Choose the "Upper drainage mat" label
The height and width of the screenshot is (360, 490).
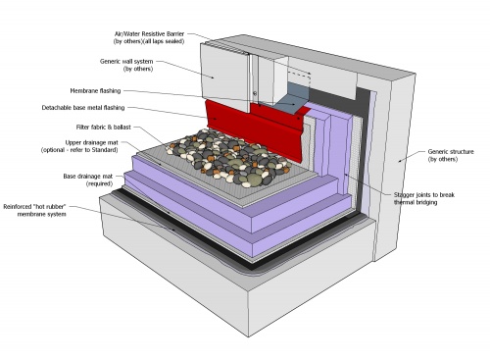point(92,144)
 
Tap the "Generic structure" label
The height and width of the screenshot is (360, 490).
point(450,152)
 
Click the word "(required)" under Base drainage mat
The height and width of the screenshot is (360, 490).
point(90,184)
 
